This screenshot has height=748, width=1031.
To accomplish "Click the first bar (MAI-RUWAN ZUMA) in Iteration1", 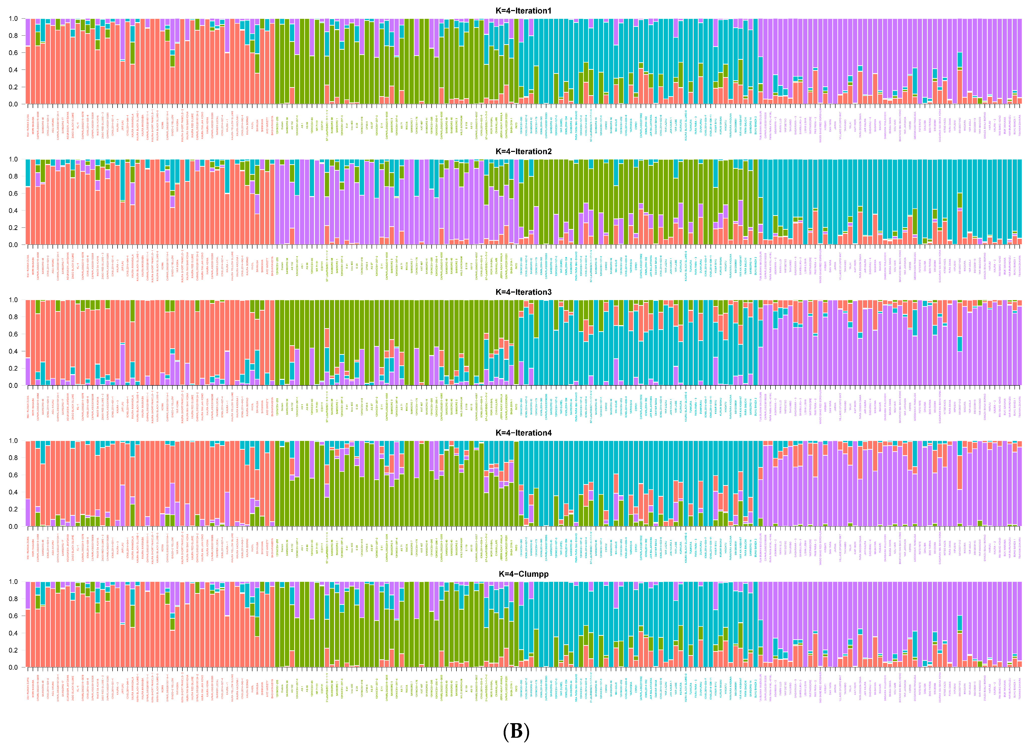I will [28, 75].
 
